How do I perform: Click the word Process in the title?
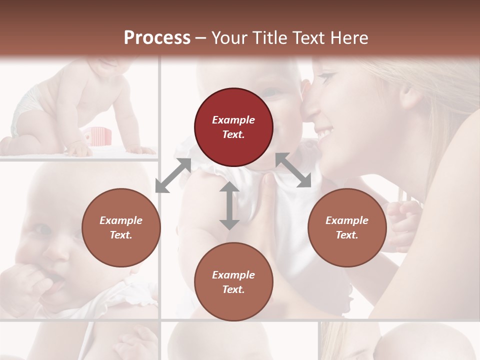tap(157, 38)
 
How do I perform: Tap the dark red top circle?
tap(233, 127)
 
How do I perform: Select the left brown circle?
tap(121, 227)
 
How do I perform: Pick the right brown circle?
tap(347, 227)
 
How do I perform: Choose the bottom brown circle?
tap(233, 282)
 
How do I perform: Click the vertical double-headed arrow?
tap(229, 205)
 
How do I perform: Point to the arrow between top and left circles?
tap(173, 175)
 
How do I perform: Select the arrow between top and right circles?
tap(293, 170)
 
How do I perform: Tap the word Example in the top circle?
tap(233, 120)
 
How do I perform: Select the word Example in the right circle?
tap(347, 220)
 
